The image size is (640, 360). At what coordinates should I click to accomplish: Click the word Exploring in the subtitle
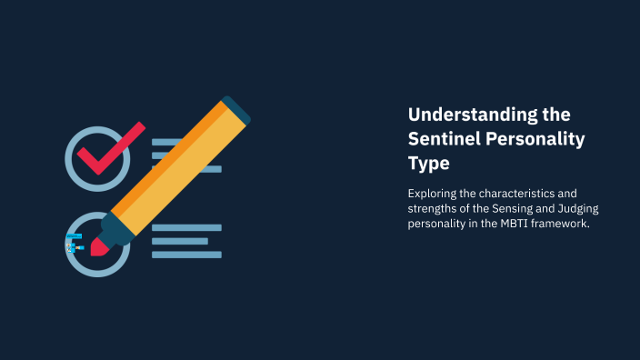tap(433, 194)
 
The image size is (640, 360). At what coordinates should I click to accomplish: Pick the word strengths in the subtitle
tap(434, 209)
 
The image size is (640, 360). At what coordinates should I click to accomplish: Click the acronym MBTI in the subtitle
tap(511, 225)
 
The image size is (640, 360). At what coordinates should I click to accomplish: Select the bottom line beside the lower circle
tap(186, 255)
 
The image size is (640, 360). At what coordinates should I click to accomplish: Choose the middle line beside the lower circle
tap(180, 241)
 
